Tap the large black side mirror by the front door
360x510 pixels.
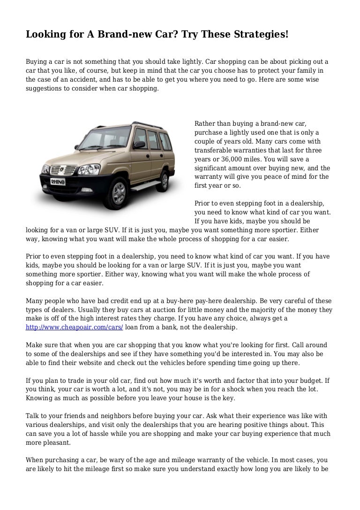139,144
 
